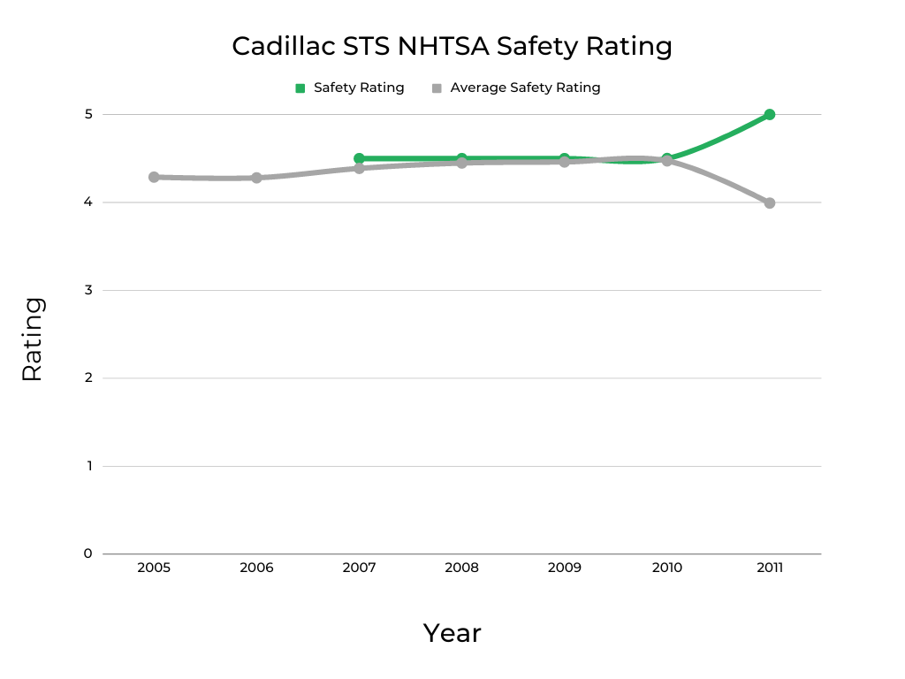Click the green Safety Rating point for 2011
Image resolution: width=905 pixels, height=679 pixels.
770,114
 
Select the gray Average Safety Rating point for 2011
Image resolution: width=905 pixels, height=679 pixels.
770,202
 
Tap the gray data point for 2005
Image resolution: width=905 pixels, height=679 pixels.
154,177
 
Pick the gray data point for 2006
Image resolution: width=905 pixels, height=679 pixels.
256,178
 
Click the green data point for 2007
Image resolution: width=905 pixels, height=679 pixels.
359,158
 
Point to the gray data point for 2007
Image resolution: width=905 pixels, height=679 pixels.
359,168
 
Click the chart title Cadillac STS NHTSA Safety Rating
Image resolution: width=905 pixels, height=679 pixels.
452,46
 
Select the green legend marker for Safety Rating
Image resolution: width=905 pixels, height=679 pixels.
300,88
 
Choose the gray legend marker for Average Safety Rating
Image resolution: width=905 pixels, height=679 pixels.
437,88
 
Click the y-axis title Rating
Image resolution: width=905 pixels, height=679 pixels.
32,339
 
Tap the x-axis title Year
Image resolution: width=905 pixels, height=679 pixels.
452,633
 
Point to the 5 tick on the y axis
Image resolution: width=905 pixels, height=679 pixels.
88,114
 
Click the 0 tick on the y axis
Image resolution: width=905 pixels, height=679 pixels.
88,553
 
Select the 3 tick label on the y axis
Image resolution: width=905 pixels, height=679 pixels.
88,290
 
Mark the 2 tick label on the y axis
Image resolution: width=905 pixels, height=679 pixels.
88,378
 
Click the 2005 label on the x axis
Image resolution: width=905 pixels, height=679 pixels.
154,568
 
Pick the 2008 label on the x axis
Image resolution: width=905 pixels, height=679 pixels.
461,568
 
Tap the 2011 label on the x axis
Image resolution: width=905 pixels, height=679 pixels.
770,568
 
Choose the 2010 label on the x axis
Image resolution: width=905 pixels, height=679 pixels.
667,568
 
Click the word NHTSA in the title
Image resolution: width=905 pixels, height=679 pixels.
442,46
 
